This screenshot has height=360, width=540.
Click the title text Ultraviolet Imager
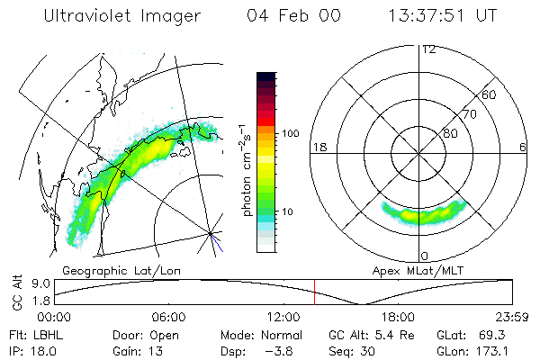coord(127,15)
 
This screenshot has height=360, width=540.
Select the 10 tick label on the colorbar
coord(289,211)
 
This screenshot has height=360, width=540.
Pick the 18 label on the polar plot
coord(319,147)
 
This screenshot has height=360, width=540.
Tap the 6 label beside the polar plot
coord(523,147)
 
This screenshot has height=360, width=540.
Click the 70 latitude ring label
coord(469,114)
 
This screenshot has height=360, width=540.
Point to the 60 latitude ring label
coord(490,94)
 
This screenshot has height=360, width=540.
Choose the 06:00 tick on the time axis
coord(168,318)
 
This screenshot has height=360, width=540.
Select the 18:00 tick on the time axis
coord(398,318)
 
